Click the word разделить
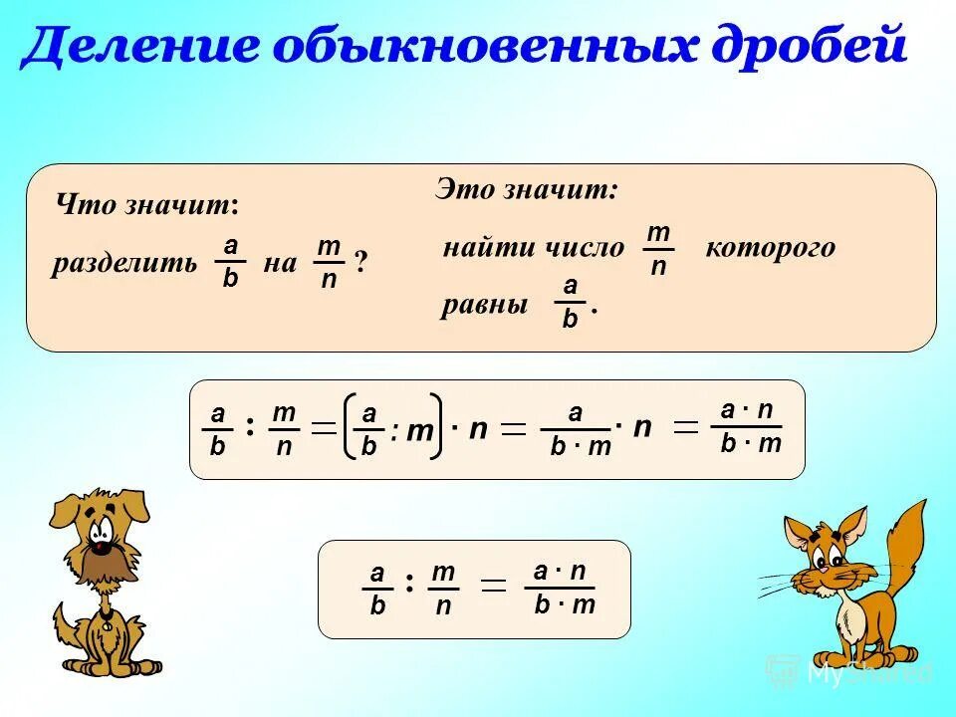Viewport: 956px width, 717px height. click(124, 264)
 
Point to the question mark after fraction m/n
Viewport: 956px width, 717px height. click(360, 262)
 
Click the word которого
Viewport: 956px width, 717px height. click(770, 248)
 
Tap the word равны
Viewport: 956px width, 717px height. click(484, 305)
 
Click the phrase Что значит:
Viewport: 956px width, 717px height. click(147, 205)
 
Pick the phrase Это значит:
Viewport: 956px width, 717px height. click(527, 189)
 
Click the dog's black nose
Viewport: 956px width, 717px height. click(102, 545)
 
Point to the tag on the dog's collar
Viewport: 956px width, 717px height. click(108, 627)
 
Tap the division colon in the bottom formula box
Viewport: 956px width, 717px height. click(409, 583)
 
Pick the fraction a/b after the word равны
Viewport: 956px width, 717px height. click(570, 304)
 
